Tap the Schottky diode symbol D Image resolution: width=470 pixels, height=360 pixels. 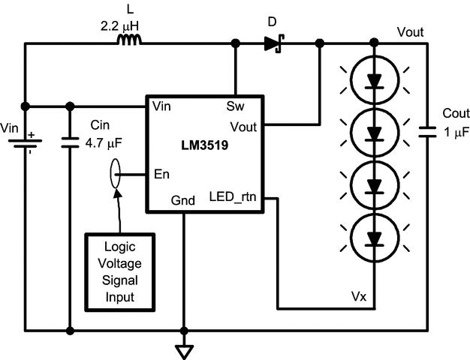(x=273, y=44)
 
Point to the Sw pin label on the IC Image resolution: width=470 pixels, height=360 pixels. (x=234, y=106)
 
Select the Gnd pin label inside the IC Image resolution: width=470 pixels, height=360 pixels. (x=185, y=200)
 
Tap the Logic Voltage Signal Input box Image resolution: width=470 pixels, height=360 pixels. (x=119, y=271)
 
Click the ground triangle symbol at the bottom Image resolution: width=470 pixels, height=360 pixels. (x=183, y=350)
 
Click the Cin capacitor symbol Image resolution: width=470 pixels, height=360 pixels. (x=70, y=141)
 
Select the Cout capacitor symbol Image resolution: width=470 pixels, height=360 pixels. (x=426, y=131)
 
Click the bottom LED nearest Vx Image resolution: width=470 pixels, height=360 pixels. (x=374, y=238)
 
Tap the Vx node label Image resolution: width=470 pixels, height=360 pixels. (x=358, y=297)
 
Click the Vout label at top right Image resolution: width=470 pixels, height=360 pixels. (x=410, y=32)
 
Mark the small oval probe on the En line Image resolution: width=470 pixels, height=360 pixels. (x=115, y=175)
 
